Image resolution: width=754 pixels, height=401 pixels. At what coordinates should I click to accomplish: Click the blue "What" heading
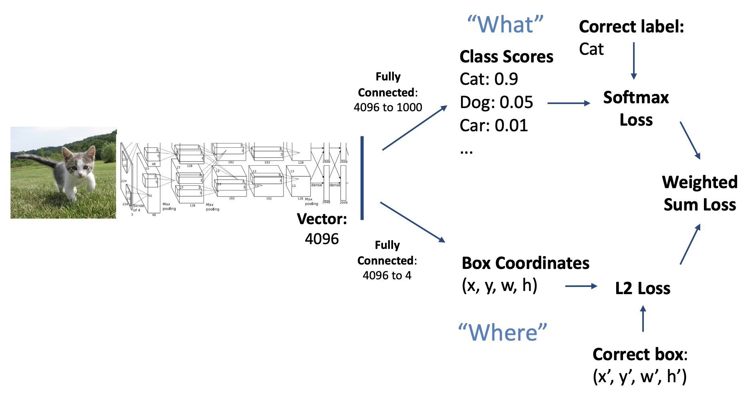(x=505, y=25)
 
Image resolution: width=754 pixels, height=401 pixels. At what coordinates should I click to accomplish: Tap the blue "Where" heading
(x=502, y=333)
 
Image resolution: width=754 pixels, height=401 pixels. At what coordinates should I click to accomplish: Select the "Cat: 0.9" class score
(x=489, y=79)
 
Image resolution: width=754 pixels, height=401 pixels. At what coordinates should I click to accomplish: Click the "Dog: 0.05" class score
(x=496, y=102)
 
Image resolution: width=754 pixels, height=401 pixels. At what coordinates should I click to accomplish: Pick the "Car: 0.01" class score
(x=494, y=126)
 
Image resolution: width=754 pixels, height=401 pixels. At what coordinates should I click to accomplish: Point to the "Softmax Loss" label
(x=636, y=108)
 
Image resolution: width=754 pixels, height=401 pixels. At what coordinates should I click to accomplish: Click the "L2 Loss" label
(x=643, y=288)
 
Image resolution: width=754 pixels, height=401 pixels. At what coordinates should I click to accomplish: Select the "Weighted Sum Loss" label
(x=700, y=193)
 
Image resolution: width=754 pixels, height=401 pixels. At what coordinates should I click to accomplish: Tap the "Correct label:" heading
(x=631, y=27)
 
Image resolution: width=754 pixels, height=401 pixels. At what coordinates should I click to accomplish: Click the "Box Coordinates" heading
(x=525, y=263)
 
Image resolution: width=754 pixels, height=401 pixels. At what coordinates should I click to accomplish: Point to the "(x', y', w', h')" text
(x=640, y=377)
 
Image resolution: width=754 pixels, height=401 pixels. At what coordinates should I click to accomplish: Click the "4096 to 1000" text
(x=388, y=107)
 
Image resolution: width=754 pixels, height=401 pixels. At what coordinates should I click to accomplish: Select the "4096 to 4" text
(x=387, y=275)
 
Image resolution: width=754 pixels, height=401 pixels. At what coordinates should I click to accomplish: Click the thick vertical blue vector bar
(x=362, y=178)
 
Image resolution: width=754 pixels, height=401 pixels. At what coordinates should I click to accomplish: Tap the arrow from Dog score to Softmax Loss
(x=569, y=103)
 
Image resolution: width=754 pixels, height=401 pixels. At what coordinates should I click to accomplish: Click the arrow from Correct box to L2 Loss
(x=643, y=319)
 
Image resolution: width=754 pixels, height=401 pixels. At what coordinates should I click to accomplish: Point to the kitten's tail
(x=36, y=160)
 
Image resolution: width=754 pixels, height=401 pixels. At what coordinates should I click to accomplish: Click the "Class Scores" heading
(x=506, y=57)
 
